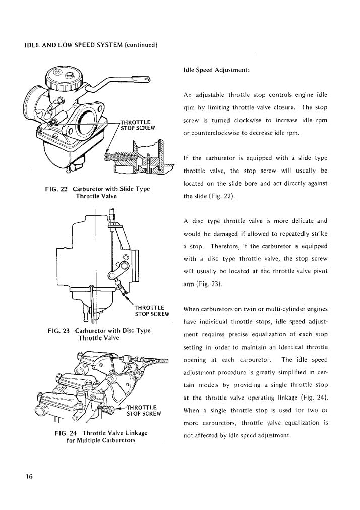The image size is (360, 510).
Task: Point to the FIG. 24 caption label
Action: pyautogui.click(x=65, y=432)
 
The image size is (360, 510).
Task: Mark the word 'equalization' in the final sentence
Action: pyautogui.click(x=306, y=423)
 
